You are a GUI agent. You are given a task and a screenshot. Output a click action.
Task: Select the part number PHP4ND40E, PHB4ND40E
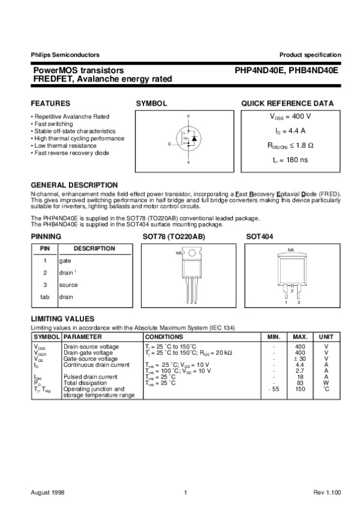(287, 70)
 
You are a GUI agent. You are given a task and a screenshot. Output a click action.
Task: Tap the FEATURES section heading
(50, 103)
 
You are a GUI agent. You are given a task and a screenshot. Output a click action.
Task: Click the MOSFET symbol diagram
(188, 139)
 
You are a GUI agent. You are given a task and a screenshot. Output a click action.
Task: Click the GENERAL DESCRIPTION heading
(74, 185)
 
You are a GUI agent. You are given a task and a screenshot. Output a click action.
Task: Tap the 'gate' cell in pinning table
(65, 261)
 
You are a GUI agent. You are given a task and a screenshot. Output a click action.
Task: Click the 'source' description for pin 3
(68, 285)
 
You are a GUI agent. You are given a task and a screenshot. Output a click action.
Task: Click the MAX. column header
(300, 337)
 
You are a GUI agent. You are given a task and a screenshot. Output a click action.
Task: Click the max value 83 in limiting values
(300, 382)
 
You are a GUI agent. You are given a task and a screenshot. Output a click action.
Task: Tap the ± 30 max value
(300, 358)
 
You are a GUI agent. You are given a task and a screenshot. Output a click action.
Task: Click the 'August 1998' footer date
(47, 492)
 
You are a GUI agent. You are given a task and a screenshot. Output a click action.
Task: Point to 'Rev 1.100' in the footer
(327, 492)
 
